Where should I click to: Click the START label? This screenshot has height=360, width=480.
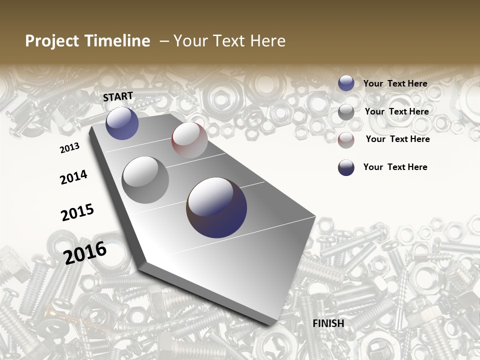118,96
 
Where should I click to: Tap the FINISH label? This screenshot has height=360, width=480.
328,323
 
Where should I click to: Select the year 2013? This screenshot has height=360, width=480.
69,148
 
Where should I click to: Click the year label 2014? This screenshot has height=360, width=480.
73,177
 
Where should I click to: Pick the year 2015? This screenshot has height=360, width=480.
77,212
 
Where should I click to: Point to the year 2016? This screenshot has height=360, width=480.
85,252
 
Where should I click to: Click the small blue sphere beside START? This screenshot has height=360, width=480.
122,123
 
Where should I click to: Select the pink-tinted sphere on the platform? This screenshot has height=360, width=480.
189,140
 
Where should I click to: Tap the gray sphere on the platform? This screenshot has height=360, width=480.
145,180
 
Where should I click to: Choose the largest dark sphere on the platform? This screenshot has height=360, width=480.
216,207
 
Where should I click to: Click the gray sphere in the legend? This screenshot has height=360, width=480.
346,112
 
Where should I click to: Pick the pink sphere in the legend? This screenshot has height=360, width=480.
346,140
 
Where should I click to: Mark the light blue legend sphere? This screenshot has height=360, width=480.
346,83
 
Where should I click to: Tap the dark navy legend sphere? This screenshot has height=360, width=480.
346,167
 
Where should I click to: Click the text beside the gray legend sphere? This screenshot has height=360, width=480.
397,111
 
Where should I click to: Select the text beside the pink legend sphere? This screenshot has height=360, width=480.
398,139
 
